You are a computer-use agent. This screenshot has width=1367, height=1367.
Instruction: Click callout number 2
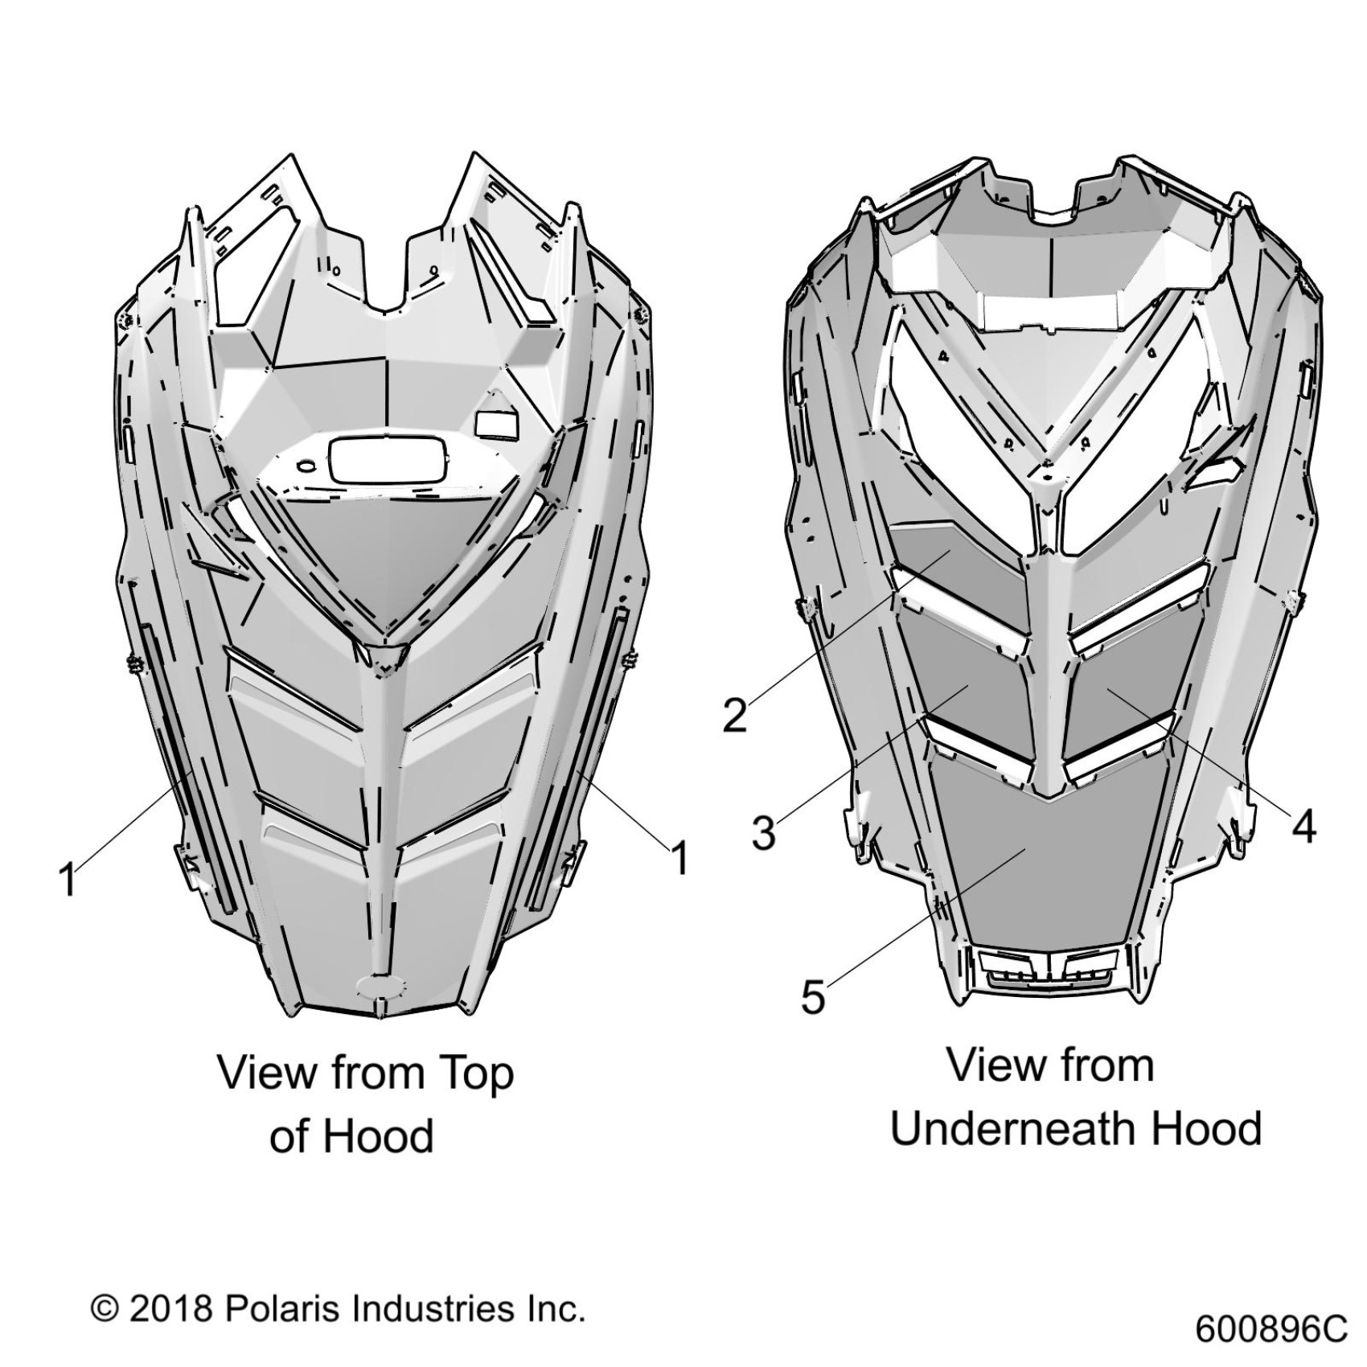(x=734, y=714)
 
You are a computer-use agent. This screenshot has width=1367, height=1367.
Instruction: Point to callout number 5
(x=813, y=996)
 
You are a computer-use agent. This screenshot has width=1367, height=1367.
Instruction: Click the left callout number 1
(x=68, y=878)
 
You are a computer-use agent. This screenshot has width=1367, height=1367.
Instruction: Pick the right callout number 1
(x=679, y=858)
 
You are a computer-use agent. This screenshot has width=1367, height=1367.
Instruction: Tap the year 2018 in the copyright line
(x=170, y=1308)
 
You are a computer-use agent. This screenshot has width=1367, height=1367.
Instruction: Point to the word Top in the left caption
(x=474, y=1074)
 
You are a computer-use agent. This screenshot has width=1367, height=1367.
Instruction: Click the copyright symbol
(x=105, y=1308)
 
